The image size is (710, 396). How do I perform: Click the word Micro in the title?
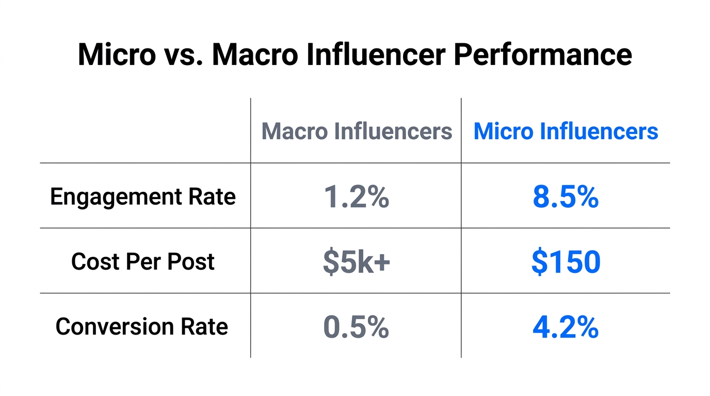click(x=116, y=55)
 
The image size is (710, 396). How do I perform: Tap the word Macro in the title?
click(x=254, y=55)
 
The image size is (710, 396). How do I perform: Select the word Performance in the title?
click(x=542, y=55)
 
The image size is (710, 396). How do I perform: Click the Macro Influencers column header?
click(x=357, y=131)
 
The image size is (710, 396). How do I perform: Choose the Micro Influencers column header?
click(x=566, y=131)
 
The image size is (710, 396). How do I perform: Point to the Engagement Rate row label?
click(x=143, y=197)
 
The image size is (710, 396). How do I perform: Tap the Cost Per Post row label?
click(x=143, y=261)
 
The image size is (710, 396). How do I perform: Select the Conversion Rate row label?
click(x=142, y=327)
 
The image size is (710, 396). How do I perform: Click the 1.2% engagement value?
click(x=357, y=197)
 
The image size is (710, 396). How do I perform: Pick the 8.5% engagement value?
click(x=566, y=197)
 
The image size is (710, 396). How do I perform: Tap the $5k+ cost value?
click(x=357, y=262)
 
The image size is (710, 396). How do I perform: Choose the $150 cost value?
click(x=566, y=262)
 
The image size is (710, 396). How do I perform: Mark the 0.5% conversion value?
click(x=356, y=327)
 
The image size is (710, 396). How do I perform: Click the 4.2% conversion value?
click(x=566, y=327)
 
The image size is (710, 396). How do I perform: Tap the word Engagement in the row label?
click(x=116, y=197)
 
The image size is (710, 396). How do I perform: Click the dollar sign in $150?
click(x=539, y=262)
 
